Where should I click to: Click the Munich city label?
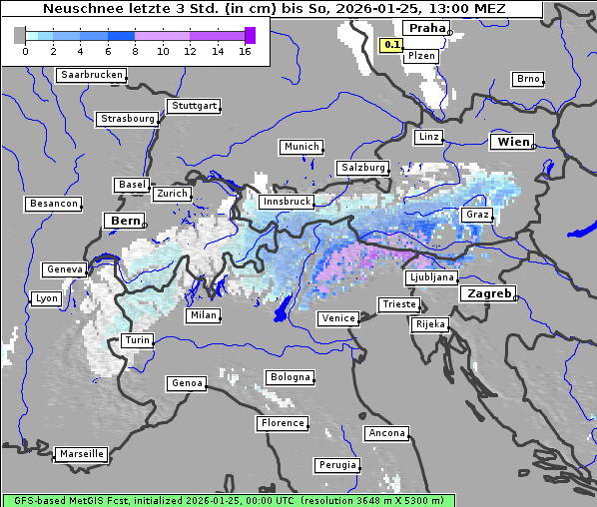301,147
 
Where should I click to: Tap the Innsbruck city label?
286,202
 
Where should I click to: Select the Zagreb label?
487,293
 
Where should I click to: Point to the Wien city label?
513,142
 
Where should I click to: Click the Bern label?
125,221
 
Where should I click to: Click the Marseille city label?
81,453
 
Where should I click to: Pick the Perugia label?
336,465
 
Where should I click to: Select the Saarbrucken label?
92,75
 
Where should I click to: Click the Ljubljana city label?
432,277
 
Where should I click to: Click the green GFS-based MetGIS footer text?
228,500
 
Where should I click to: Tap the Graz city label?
476,215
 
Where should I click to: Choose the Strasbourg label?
128,119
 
